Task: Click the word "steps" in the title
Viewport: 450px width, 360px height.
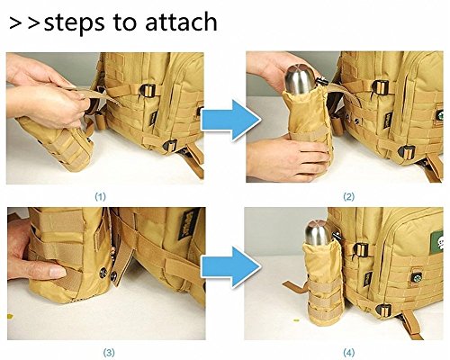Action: click(75, 23)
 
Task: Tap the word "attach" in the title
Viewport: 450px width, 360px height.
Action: click(181, 22)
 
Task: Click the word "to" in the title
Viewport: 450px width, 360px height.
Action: click(125, 22)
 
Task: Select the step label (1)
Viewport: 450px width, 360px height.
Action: click(101, 197)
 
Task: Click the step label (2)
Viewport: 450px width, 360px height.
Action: click(349, 197)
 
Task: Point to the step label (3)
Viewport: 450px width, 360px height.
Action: click(109, 353)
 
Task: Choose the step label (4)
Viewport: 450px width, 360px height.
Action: click(348, 353)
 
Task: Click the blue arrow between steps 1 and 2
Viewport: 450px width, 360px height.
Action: click(230, 120)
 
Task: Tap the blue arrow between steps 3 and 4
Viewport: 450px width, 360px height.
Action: click(230, 267)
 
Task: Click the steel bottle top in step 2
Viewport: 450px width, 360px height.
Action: click(301, 80)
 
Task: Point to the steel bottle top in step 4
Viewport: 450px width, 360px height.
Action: click(318, 231)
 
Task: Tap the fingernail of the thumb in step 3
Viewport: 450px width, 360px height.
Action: click(58, 272)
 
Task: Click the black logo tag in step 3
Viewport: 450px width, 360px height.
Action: click(189, 224)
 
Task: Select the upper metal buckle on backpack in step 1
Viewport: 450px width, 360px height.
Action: click(148, 90)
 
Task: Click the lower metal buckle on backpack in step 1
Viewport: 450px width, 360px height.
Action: click(170, 145)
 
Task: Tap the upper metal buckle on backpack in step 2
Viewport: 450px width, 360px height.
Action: click(380, 87)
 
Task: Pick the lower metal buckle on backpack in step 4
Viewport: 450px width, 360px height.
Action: click(383, 310)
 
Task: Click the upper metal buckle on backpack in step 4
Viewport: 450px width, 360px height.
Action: click(361, 249)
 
